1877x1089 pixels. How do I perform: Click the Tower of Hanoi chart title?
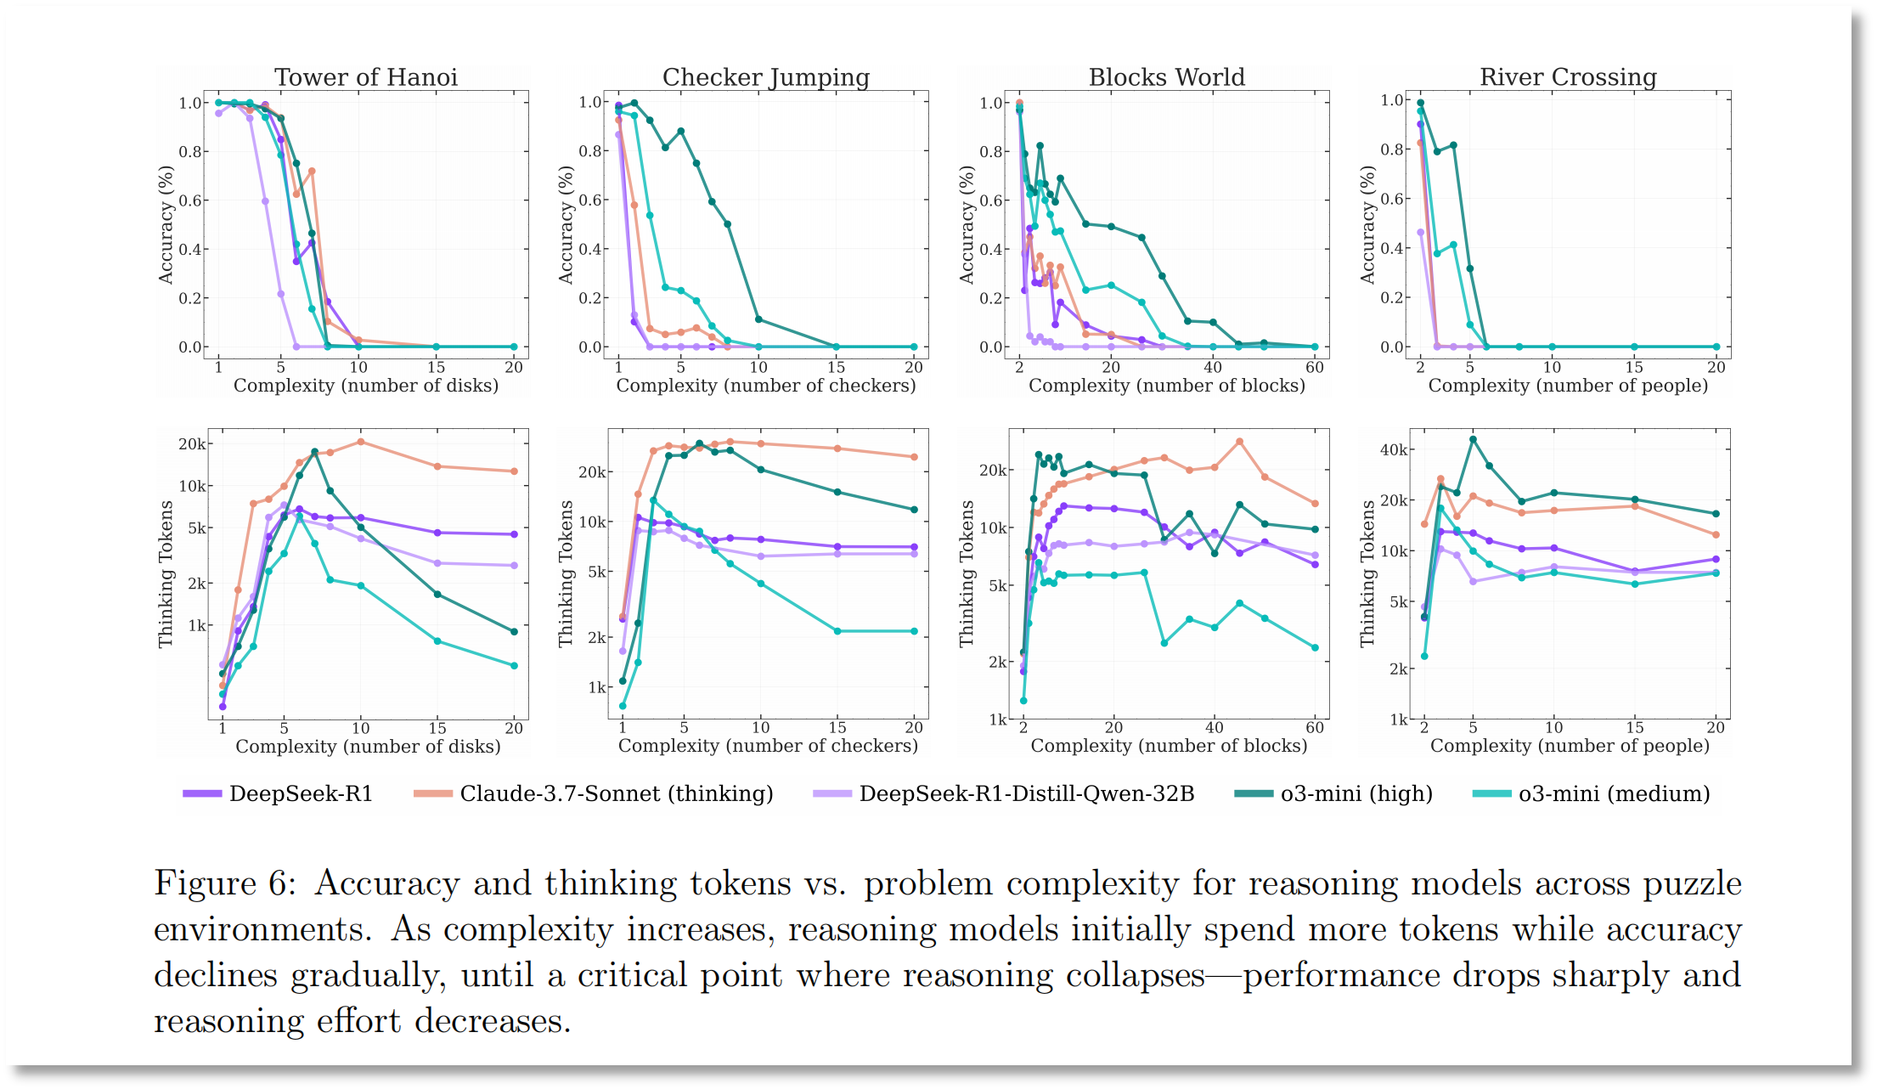coord(366,77)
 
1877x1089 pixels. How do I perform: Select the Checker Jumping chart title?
coord(766,77)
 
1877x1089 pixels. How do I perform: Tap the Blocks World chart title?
coord(1167,77)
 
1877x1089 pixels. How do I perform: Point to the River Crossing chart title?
coord(1568,77)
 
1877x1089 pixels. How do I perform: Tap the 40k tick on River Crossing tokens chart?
coord(1393,449)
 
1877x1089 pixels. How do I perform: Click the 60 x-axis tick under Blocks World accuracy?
coord(1315,367)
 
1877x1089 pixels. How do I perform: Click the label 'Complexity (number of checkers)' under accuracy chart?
coord(766,386)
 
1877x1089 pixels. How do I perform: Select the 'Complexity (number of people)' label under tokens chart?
coord(1570,746)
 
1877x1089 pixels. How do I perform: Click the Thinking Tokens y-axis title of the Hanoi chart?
coord(166,574)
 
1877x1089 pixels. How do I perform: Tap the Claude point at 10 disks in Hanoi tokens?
coord(361,442)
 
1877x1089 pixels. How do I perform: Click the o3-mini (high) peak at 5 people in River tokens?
coord(1474,439)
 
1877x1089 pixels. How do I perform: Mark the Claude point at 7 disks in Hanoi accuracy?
coord(312,172)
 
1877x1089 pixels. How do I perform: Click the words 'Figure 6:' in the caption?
coord(225,883)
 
